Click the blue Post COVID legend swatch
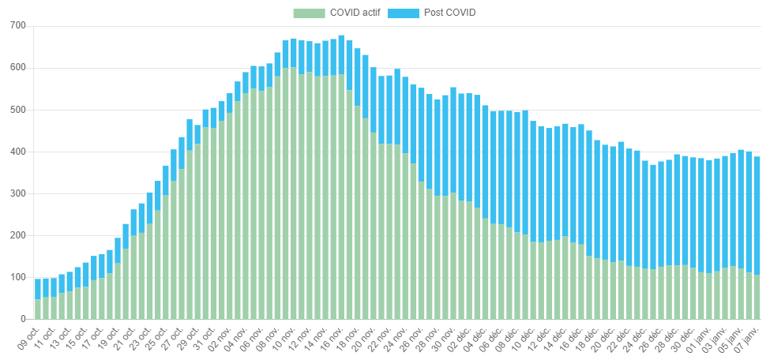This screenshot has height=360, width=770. pos(404,13)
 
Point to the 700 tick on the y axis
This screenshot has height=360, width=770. pos(17,26)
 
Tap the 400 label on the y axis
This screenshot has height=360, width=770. pos(17,152)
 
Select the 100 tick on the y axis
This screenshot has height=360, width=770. pos(17,277)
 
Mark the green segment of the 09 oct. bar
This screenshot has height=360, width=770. pos(38,309)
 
